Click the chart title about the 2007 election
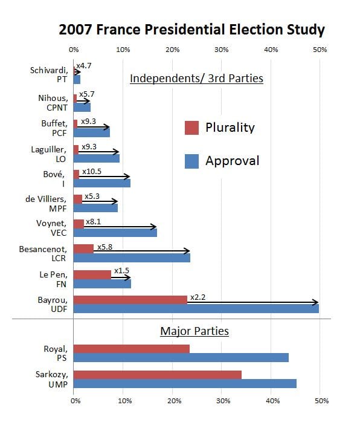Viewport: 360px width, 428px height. (x=191, y=30)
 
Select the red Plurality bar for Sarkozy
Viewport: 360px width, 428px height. (x=157, y=374)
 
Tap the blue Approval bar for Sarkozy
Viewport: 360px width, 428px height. (x=185, y=383)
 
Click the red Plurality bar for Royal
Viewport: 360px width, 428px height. (x=131, y=348)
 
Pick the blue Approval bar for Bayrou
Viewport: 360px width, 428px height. (x=196, y=308)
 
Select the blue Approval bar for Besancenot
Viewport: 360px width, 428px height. (x=132, y=258)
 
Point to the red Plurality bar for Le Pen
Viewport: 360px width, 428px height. (x=92, y=274)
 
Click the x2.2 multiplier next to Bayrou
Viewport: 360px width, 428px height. (x=198, y=297)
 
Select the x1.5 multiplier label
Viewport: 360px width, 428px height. (x=121, y=270)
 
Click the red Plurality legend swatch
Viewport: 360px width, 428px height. (x=191, y=128)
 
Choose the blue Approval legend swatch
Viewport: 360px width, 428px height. (x=191, y=160)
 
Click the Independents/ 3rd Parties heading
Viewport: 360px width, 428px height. (x=196, y=78)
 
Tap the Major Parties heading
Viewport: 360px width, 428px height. (x=194, y=331)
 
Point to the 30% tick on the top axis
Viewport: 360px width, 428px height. (x=222, y=49)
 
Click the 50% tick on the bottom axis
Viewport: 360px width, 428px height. (x=321, y=400)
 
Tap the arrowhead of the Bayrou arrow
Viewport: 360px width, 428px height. (x=315, y=302)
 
